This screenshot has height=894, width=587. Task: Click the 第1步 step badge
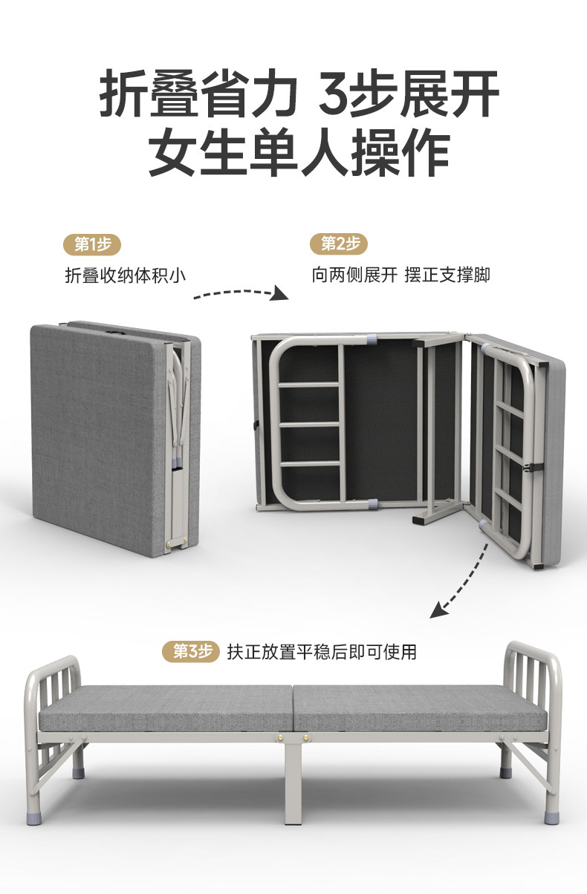pos(92,244)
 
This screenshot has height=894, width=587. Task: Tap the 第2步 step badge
pos(340,244)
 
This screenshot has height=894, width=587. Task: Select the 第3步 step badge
pos(191,652)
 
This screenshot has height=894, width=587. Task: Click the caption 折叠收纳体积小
pos(125,275)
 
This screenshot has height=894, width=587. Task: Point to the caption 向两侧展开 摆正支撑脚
pos(400,275)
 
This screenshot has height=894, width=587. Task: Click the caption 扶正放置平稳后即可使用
pos(322,652)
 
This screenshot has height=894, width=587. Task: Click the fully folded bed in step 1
pos(111,438)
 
